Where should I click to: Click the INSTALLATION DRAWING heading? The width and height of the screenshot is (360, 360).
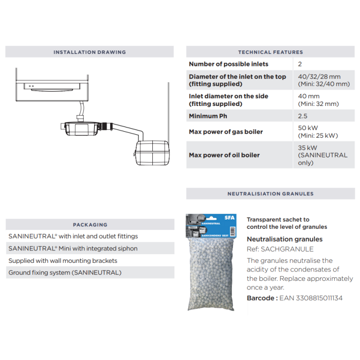tap(89, 52)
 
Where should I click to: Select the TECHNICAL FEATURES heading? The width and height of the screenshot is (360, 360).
tap(270, 52)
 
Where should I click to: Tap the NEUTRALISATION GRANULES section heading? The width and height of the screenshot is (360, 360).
tap(270, 194)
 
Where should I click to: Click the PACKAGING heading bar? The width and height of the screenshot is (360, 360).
tap(90, 225)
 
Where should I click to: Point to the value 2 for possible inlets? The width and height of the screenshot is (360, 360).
tap(300, 64)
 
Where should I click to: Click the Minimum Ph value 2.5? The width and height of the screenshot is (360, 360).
tap(303, 116)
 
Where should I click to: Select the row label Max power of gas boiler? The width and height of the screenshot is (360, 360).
tap(226, 132)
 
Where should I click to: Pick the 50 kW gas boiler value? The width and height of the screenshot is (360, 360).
tap(308, 128)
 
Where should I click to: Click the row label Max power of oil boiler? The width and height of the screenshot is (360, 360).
tap(224, 155)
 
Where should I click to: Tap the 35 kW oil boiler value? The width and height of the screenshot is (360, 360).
tap(308, 148)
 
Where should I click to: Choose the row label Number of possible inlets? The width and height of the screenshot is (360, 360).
tap(228, 64)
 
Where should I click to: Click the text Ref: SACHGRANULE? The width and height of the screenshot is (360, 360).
tap(280, 249)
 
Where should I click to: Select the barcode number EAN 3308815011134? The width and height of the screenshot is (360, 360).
tap(311, 298)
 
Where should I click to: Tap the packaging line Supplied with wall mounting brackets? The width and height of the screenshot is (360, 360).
tap(63, 261)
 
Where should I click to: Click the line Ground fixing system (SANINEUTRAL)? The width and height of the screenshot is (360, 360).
tap(65, 273)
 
